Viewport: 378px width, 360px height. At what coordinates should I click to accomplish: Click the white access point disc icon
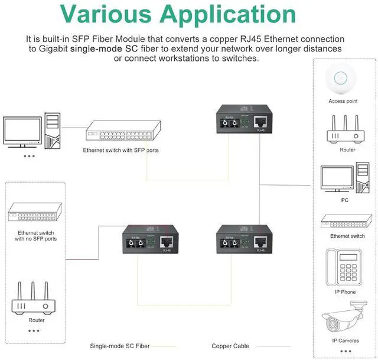pos(343,79)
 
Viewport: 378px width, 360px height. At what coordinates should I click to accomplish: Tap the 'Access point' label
pos(343,101)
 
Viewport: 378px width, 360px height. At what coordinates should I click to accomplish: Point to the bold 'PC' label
pos(344,200)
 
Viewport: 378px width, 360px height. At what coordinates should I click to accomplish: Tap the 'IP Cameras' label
pos(345,341)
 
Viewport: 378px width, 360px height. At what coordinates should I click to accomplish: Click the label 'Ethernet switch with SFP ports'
pos(120,150)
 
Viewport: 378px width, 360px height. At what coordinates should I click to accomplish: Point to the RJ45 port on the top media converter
pos(261,122)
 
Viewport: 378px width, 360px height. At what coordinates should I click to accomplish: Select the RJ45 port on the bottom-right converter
pos(260,241)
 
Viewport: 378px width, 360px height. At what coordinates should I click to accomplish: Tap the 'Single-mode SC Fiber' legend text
pos(120,346)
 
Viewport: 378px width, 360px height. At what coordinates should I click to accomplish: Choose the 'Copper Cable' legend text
pos(230,346)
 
